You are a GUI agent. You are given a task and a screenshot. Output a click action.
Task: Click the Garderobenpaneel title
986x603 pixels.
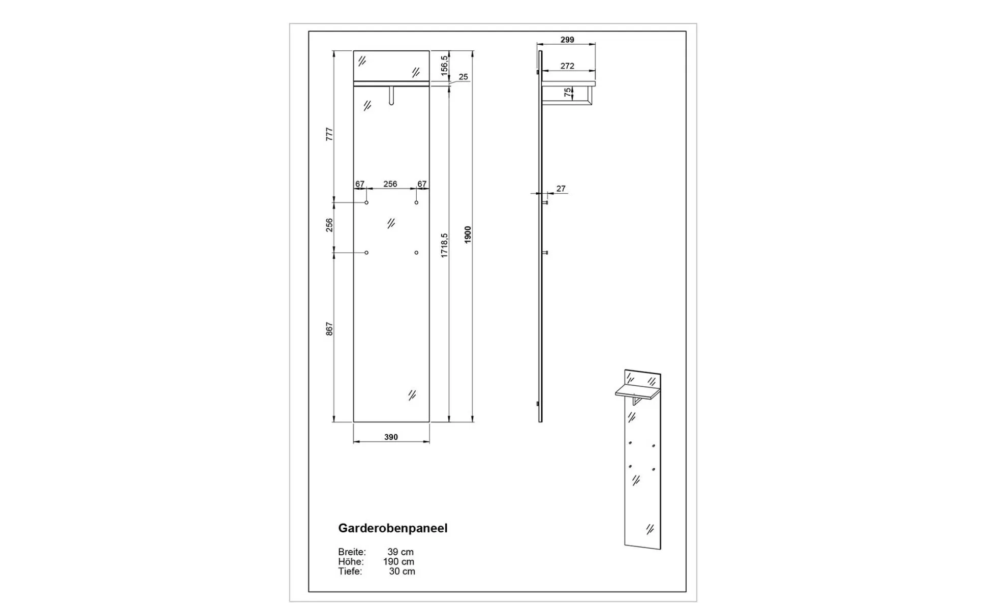[393, 528]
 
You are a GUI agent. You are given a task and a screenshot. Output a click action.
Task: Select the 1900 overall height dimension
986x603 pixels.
[468, 235]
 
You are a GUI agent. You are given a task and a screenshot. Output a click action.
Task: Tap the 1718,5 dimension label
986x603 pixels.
[444, 246]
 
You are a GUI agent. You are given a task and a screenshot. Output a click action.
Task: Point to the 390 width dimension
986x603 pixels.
[391, 437]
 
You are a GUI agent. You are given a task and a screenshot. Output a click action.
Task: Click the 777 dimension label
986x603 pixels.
[329, 134]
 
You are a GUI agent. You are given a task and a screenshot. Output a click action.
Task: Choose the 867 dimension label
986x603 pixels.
[329, 329]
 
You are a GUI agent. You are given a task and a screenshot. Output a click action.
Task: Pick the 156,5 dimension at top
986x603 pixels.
[444, 66]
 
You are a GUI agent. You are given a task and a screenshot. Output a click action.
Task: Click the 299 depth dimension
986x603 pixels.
[567, 40]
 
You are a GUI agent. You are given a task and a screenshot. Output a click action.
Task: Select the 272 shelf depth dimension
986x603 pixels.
[567, 66]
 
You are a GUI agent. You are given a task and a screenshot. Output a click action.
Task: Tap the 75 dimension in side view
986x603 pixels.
[567, 93]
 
